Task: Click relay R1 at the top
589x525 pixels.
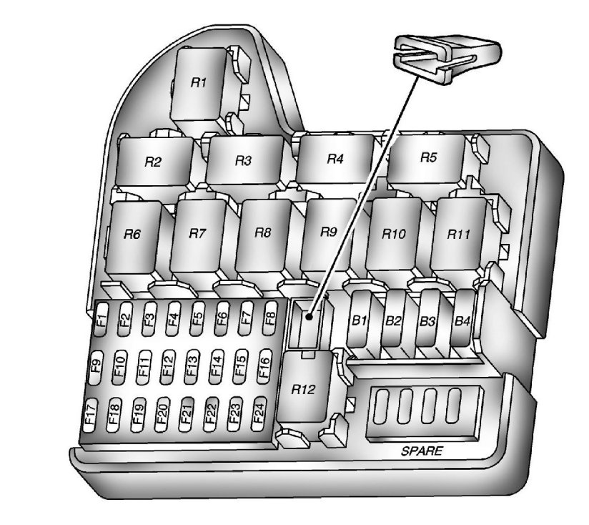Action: coord(198,83)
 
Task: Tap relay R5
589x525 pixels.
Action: coord(427,157)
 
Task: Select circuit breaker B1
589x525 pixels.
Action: coord(359,322)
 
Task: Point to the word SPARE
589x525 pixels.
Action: coord(421,451)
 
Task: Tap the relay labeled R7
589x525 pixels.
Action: coord(197,234)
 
